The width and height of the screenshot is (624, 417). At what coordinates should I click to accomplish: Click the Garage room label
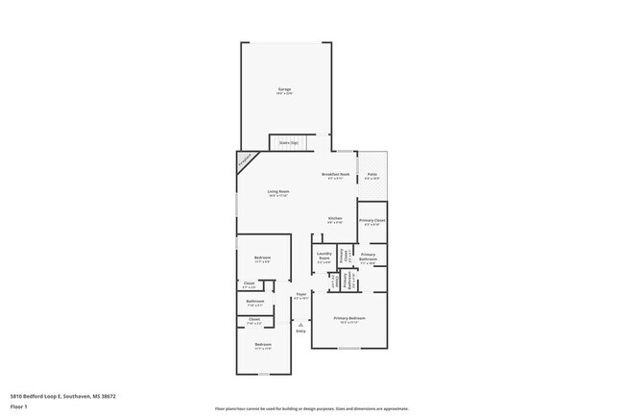click(284, 90)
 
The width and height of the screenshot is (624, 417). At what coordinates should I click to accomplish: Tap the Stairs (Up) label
click(288, 143)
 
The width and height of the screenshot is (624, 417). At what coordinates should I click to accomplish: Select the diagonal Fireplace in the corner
click(246, 160)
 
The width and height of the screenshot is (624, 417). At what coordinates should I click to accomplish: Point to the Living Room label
click(277, 191)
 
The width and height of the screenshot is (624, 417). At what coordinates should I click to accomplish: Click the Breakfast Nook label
click(335, 175)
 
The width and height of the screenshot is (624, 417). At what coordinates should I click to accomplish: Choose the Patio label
click(372, 175)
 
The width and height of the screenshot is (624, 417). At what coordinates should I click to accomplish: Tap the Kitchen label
click(335, 218)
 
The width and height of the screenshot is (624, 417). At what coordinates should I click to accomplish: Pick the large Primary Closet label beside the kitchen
click(372, 221)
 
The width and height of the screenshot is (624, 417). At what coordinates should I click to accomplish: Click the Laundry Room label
click(324, 255)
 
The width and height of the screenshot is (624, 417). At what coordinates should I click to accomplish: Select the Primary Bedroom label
click(349, 318)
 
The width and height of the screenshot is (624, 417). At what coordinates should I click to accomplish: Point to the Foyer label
click(300, 294)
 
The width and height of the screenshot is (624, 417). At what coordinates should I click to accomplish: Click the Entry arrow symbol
click(300, 325)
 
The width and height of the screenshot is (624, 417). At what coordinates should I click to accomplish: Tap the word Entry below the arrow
click(300, 331)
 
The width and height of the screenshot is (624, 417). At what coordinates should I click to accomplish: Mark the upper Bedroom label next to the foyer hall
click(263, 257)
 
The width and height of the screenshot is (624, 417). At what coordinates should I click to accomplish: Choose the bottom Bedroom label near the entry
click(263, 344)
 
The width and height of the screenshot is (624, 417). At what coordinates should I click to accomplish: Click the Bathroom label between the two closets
click(254, 301)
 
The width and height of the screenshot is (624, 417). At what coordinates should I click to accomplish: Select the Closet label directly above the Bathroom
click(249, 283)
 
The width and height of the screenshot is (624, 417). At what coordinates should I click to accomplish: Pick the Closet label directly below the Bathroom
click(254, 319)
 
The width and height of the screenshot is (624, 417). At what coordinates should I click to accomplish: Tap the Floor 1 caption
click(19, 406)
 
